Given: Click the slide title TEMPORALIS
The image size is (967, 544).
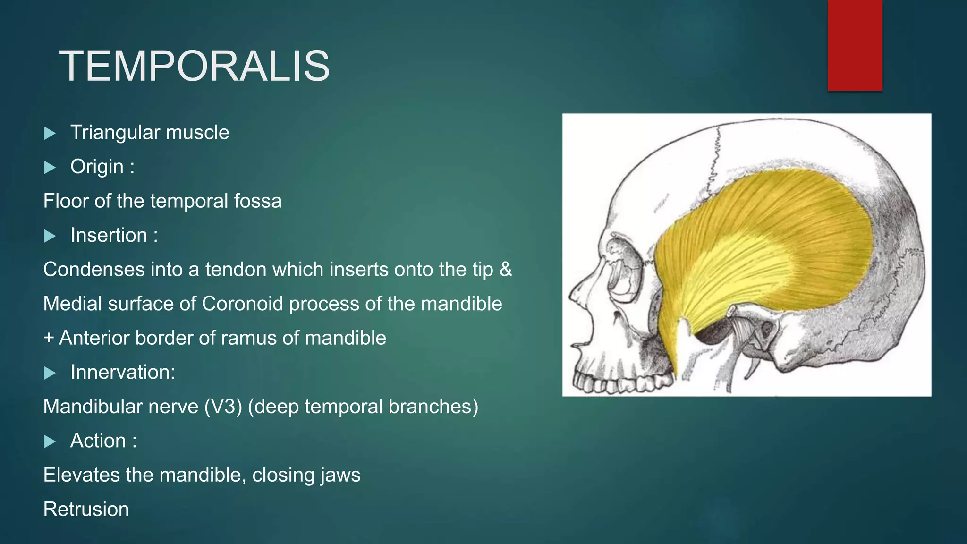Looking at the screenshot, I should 194,67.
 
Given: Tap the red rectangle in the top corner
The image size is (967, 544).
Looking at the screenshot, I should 855,45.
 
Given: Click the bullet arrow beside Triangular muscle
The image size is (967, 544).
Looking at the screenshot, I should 50,133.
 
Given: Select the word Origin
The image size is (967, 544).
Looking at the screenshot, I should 97,167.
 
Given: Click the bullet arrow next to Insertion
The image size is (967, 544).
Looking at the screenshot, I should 50,236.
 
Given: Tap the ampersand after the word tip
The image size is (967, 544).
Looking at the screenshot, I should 506,269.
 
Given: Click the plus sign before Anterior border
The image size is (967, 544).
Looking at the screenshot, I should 48,338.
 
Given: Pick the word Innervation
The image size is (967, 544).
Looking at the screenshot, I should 122,372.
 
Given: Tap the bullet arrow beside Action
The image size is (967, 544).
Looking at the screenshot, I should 50,442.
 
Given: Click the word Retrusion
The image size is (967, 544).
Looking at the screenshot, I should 86,510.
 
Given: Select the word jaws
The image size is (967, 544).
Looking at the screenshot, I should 340,475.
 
